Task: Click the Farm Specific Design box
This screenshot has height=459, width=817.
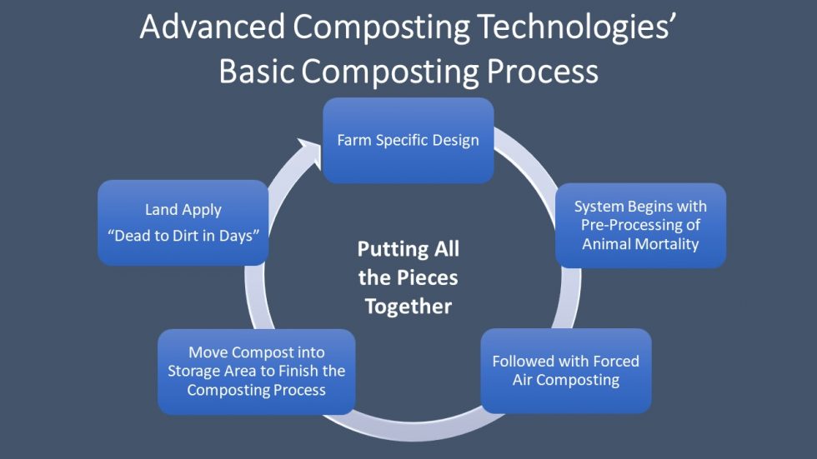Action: [408, 140]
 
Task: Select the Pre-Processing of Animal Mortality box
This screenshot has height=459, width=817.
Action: [640, 226]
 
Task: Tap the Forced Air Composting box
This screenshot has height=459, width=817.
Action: [565, 372]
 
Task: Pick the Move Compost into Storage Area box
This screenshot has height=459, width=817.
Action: [256, 372]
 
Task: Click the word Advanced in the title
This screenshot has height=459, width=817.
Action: [215, 27]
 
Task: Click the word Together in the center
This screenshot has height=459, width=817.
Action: [408, 307]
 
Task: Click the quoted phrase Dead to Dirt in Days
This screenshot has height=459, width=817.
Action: [183, 236]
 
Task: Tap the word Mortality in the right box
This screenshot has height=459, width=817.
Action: [664, 244]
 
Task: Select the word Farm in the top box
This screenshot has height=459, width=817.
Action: [353, 140]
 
